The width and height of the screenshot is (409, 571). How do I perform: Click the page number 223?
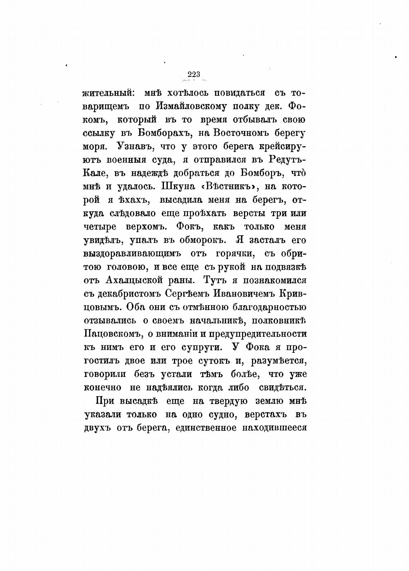click(194, 74)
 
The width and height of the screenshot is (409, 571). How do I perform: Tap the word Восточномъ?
click(241, 133)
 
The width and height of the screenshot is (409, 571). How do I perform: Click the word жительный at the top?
click(109, 93)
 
